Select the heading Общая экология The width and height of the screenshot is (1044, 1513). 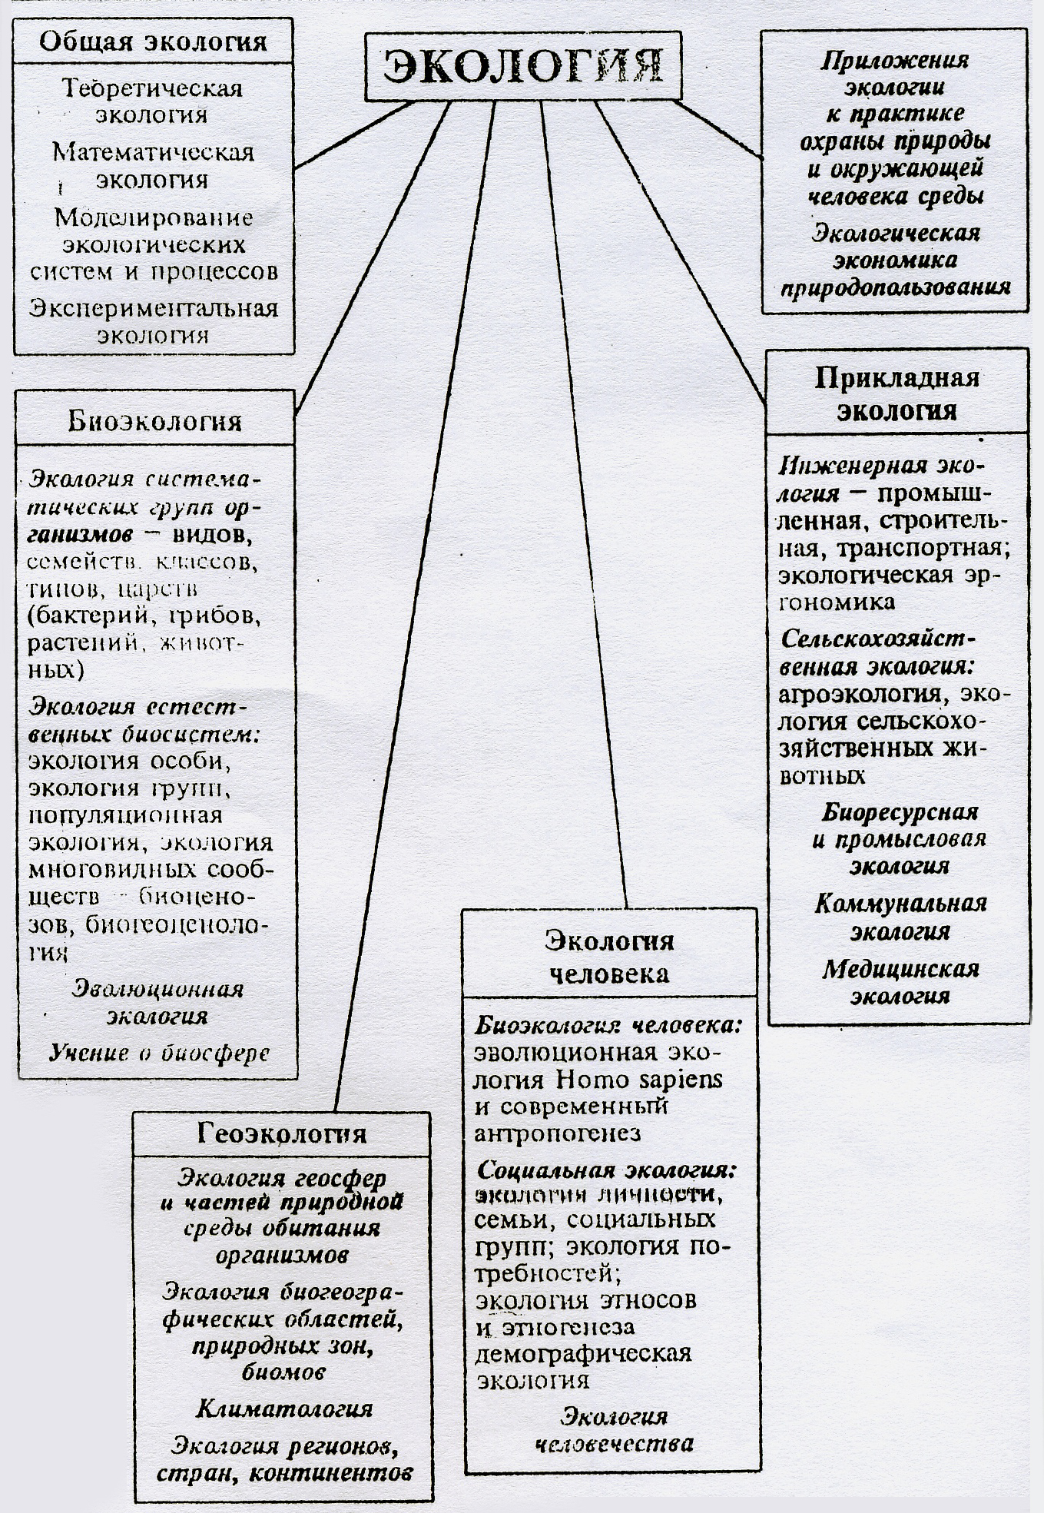point(153,41)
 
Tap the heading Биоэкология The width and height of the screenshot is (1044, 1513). point(154,421)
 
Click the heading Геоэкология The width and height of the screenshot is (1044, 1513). point(282,1133)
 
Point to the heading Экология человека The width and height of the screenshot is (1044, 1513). point(610,957)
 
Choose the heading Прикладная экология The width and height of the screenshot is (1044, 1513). point(897,393)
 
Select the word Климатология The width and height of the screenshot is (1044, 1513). point(283,1408)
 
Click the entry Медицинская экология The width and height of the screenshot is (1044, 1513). point(900,981)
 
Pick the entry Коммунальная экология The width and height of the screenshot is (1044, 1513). point(900,916)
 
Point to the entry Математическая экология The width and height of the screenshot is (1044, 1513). point(153,165)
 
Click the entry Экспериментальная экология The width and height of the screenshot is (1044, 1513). point(153,321)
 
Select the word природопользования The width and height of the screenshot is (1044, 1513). point(895,288)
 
